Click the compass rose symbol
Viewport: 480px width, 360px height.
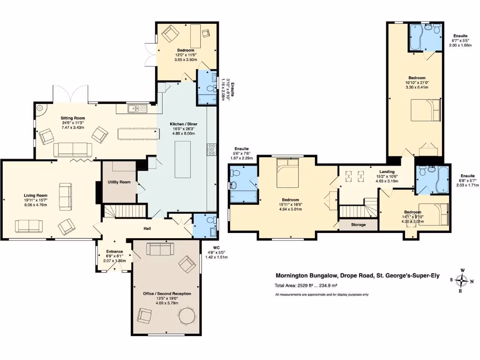[462, 281]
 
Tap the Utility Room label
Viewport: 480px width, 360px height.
[119, 182]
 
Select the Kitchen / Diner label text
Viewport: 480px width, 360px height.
[183, 124]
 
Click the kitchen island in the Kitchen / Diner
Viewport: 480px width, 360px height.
[182, 160]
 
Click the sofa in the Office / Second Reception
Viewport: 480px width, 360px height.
[160, 249]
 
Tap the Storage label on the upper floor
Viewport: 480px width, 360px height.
[359, 225]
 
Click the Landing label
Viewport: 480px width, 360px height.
[387, 172]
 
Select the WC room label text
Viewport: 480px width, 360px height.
[217, 248]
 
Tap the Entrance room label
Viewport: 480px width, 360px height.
[115, 251]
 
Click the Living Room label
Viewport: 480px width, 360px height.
[36, 195]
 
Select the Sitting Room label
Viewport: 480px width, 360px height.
[73, 118]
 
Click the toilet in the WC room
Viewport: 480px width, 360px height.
[210, 220]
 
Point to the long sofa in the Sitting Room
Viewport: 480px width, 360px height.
[73, 150]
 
